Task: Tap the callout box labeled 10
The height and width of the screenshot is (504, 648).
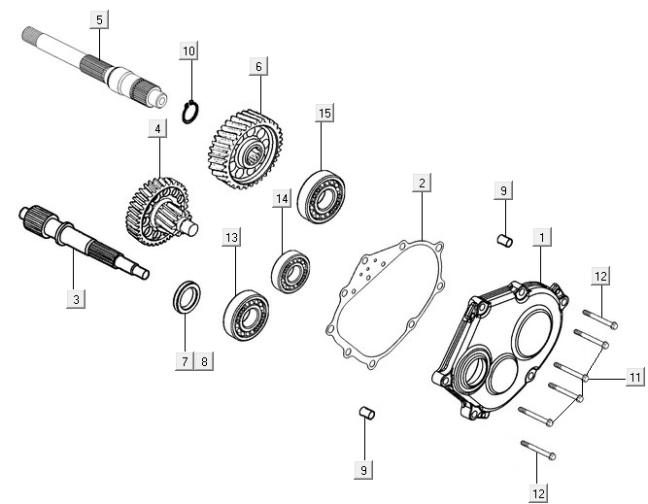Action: pyautogui.click(x=188, y=50)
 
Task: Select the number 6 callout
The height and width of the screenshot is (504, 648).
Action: pyautogui.click(x=257, y=66)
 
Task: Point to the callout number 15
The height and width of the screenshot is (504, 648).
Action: pyautogui.click(x=324, y=114)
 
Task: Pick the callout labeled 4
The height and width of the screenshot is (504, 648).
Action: pyautogui.click(x=154, y=128)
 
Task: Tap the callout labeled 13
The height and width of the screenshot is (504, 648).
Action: pyautogui.click(x=231, y=237)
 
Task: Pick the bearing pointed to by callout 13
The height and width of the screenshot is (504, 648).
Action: pyautogui.click(x=246, y=312)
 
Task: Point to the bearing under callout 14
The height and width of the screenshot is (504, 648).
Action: pyautogui.click(x=289, y=271)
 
